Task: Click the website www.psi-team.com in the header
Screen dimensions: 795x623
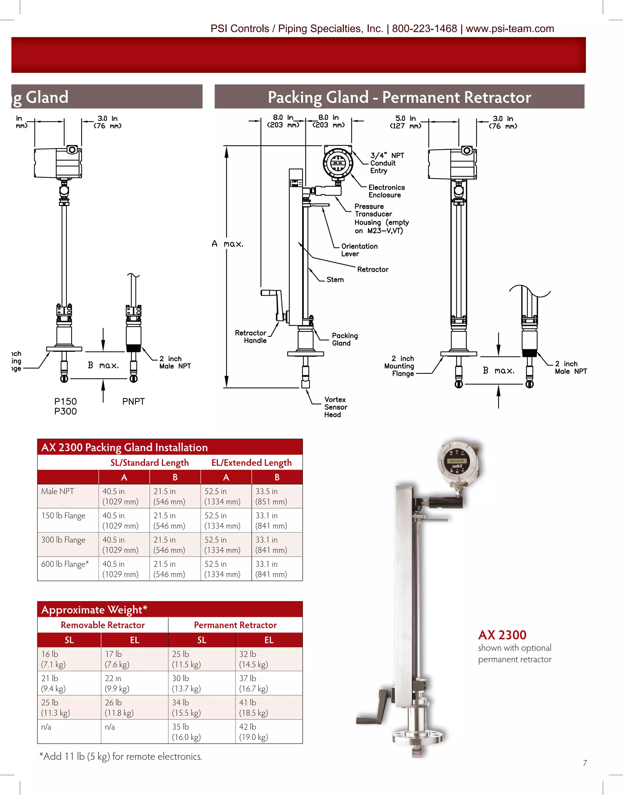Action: tap(510, 29)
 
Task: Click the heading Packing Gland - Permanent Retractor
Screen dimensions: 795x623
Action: tap(399, 97)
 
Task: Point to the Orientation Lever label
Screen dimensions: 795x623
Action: tap(359, 250)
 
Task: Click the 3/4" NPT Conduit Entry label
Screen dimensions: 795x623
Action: tap(387, 163)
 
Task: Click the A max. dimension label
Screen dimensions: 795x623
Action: tap(227, 244)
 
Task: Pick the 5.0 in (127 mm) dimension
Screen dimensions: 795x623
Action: tap(405, 122)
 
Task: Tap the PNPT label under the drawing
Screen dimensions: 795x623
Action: tap(133, 402)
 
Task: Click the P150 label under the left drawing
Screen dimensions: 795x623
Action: tap(65, 402)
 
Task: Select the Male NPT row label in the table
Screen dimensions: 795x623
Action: tap(57, 491)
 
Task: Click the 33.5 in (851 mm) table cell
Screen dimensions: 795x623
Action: tap(271, 496)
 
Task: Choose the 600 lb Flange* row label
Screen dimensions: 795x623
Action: tap(64, 564)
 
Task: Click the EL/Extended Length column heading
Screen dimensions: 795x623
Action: tap(251, 463)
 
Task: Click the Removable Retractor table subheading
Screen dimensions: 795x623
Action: tap(103, 625)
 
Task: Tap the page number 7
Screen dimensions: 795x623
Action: tap(585, 763)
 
